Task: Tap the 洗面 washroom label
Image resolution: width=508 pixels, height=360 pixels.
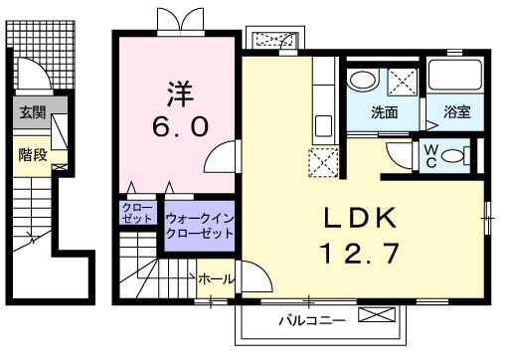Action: point(385,113)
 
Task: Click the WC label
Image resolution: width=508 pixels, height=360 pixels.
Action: point(430,154)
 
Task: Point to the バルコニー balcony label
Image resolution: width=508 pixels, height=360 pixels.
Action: point(310,321)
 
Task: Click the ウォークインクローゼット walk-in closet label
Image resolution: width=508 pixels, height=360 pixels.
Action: point(200,223)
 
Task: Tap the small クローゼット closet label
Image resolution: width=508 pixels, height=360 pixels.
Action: point(135,214)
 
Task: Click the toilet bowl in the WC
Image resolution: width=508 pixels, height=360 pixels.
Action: point(455,155)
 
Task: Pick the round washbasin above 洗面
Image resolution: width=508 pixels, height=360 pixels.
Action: point(362,79)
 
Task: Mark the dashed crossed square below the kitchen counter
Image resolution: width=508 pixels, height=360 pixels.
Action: point(325,162)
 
